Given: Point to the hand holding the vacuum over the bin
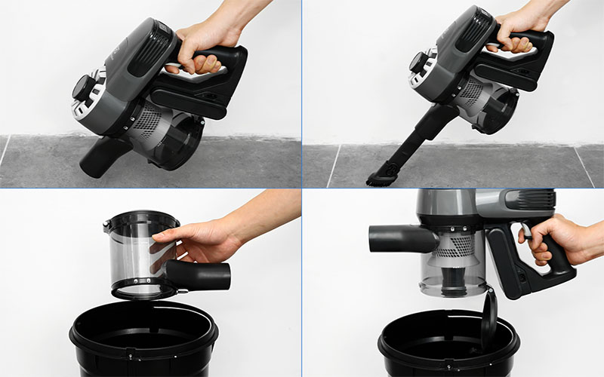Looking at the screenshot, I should [x=562, y=240].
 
